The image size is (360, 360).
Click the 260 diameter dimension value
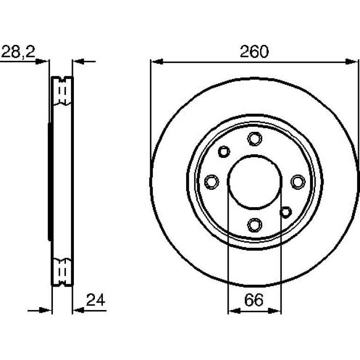[x=254, y=51]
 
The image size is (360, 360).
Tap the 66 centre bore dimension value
[x=254, y=300]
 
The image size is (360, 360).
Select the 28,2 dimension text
[x=18, y=52]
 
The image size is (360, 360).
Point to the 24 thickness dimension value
[x=95, y=299]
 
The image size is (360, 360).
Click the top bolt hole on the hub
[x=254, y=138]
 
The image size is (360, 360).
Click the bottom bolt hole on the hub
[x=254, y=225]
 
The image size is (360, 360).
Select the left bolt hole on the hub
[x=211, y=181]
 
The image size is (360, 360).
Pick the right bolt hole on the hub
[x=298, y=181]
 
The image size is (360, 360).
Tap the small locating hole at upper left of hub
[x=224, y=151]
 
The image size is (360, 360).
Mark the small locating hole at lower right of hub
[x=286, y=212]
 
